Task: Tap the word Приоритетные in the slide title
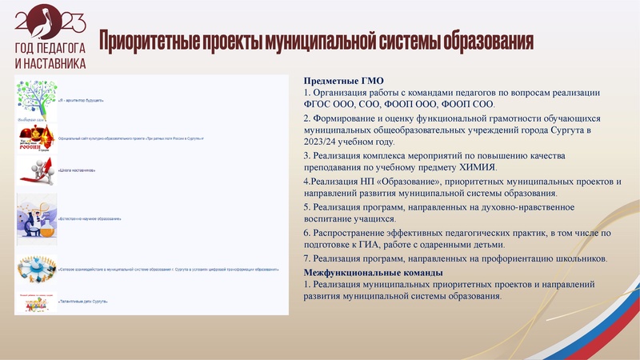click(x=147, y=40)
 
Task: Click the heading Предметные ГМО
click(x=344, y=81)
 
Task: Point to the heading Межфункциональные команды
click(x=371, y=273)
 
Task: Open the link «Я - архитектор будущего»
click(x=81, y=101)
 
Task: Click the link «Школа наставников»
click(x=77, y=170)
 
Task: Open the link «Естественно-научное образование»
click(x=90, y=218)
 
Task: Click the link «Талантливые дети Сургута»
click(x=83, y=301)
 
